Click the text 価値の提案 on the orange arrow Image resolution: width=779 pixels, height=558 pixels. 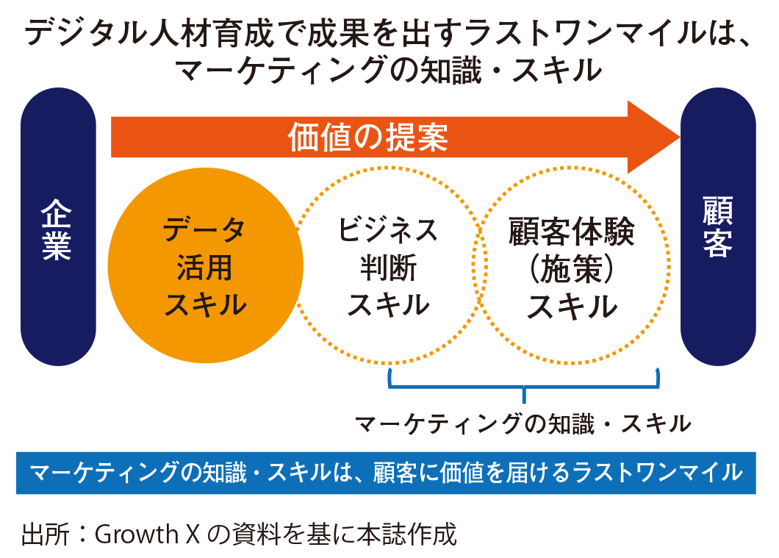tap(368, 137)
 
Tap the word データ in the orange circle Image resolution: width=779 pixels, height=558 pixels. tap(205, 231)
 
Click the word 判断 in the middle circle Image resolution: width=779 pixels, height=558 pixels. tap(388, 268)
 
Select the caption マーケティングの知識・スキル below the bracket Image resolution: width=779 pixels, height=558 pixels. tap(523, 423)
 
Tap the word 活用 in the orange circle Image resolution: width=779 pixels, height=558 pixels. tap(205, 268)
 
